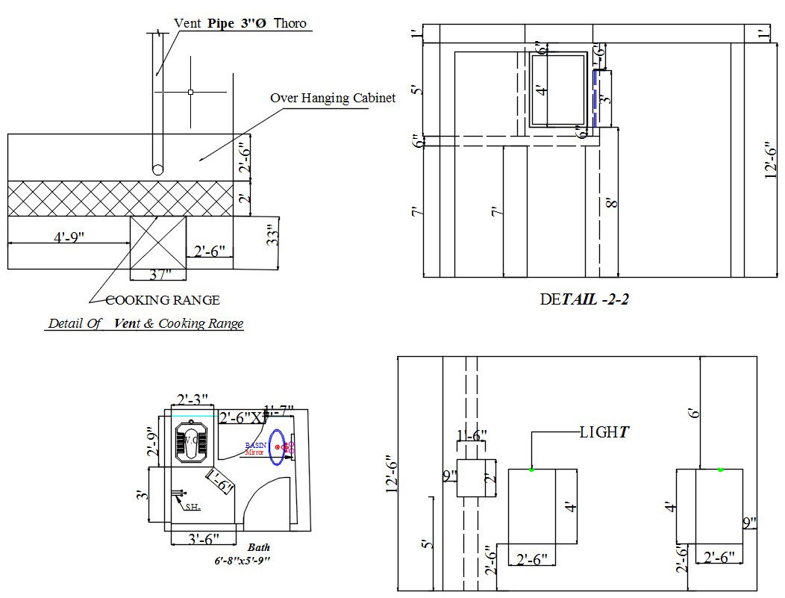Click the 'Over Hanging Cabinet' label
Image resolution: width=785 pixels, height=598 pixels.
[x=332, y=98]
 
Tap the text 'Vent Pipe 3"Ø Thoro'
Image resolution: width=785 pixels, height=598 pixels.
[x=240, y=23]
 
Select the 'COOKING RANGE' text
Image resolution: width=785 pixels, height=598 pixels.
[x=163, y=300]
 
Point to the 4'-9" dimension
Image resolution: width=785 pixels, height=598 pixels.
[x=69, y=237]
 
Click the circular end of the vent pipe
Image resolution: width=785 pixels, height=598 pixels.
[x=157, y=169]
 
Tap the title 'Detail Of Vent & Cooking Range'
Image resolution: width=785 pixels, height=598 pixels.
[x=146, y=324]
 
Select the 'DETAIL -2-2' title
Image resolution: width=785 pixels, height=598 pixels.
[x=587, y=299]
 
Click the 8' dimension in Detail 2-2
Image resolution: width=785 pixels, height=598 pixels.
[x=611, y=202]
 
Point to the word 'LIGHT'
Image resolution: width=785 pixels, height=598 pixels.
[x=604, y=432]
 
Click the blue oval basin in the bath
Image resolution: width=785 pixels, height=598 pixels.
[x=277, y=446]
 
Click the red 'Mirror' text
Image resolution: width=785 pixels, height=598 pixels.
[x=254, y=452]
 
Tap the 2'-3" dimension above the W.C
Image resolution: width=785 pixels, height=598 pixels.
[x=192, y=399]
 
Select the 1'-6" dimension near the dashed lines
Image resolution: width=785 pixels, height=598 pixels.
[x=472, y=435]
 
